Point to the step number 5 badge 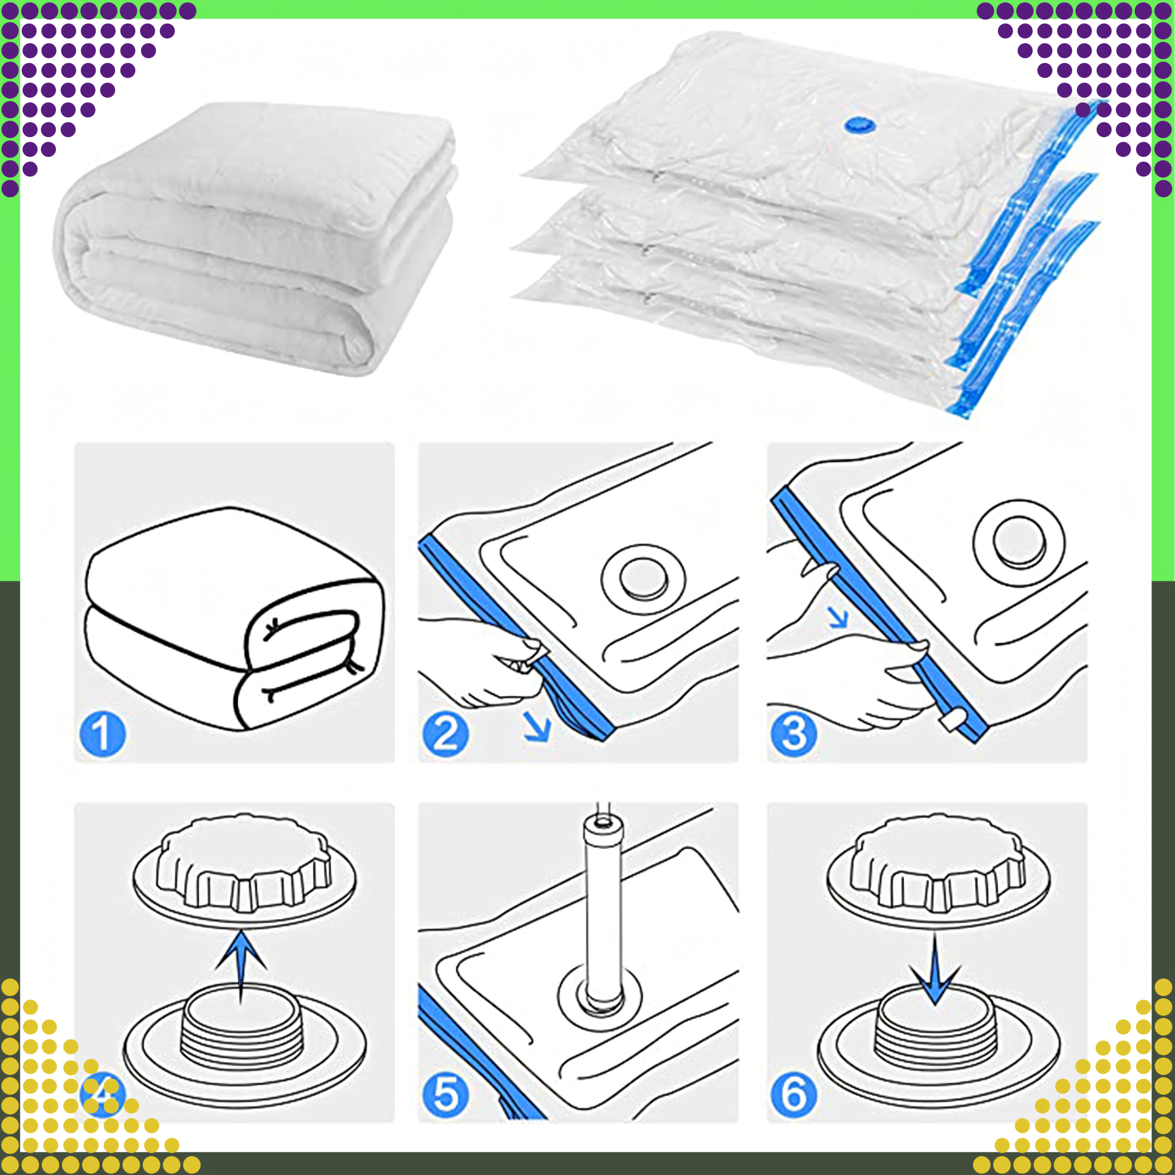click(445, 1094)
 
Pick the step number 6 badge click(794, 1094)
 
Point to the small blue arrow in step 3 click(839, 618)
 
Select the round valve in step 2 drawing click(643, 578)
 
